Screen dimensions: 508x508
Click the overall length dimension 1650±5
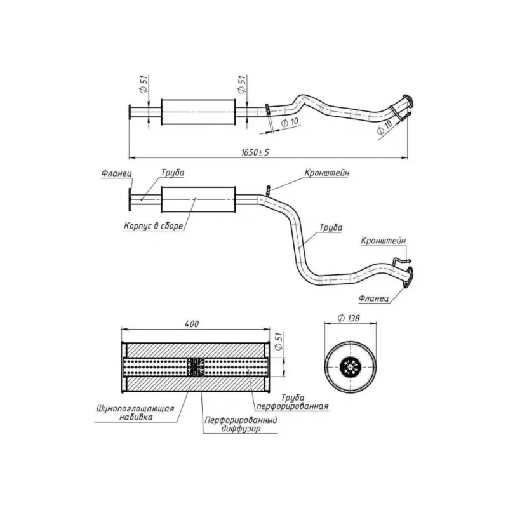255,152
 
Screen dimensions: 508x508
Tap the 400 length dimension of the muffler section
192,324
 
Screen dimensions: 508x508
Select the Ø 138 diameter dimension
349,318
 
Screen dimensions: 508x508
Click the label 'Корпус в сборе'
154,225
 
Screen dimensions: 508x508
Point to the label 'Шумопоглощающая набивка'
135,412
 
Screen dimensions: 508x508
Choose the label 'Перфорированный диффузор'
241,424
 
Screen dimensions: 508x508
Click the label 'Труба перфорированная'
293,401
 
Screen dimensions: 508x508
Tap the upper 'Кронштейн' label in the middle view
327,173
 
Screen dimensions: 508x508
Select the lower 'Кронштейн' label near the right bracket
384,241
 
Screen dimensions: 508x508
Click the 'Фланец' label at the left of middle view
117,173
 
